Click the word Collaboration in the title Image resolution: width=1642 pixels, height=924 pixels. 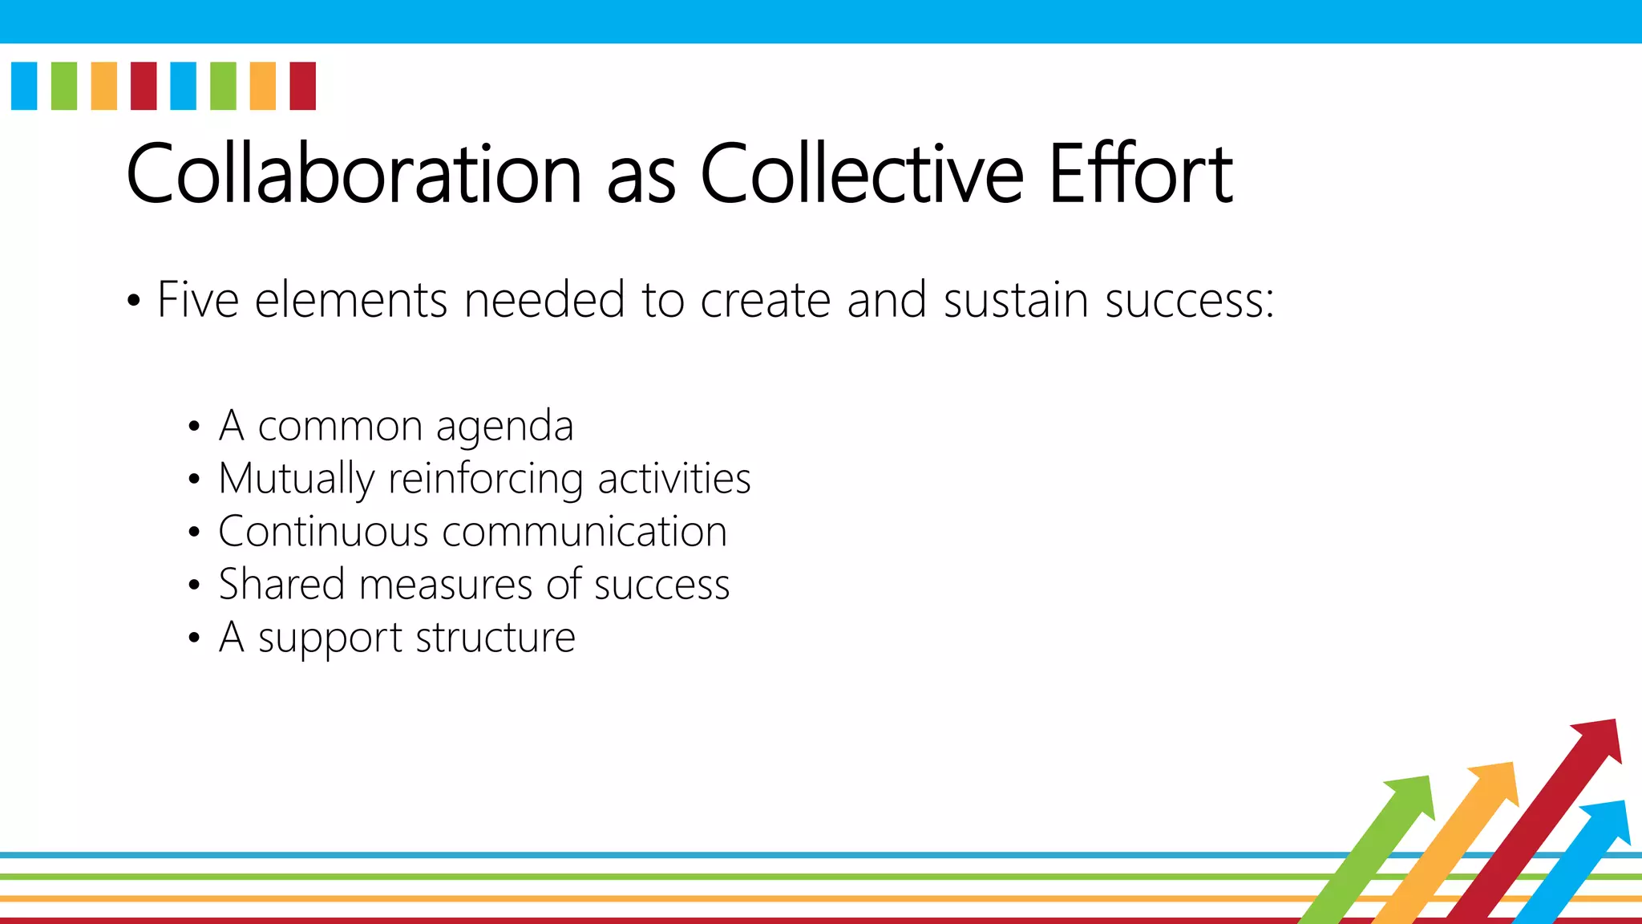(x=354, y=173)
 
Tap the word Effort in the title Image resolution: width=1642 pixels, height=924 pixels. (x=1140, y=173)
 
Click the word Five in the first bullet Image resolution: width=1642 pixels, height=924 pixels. (x=198, y=300)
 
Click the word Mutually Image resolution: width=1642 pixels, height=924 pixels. (x=296, y=480)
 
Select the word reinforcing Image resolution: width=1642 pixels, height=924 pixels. (x=486, y=480)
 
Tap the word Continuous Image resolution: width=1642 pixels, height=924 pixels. (x=323, y=532)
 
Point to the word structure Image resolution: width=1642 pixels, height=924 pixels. (x=495, y=638)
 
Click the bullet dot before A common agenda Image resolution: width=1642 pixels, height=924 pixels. (x=193, y=427)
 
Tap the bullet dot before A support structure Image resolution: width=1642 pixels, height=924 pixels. (x=193, y=638)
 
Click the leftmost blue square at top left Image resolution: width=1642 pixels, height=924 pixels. (x=24, y=86)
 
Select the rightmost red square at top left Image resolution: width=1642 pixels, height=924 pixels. (x=302, y=86)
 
